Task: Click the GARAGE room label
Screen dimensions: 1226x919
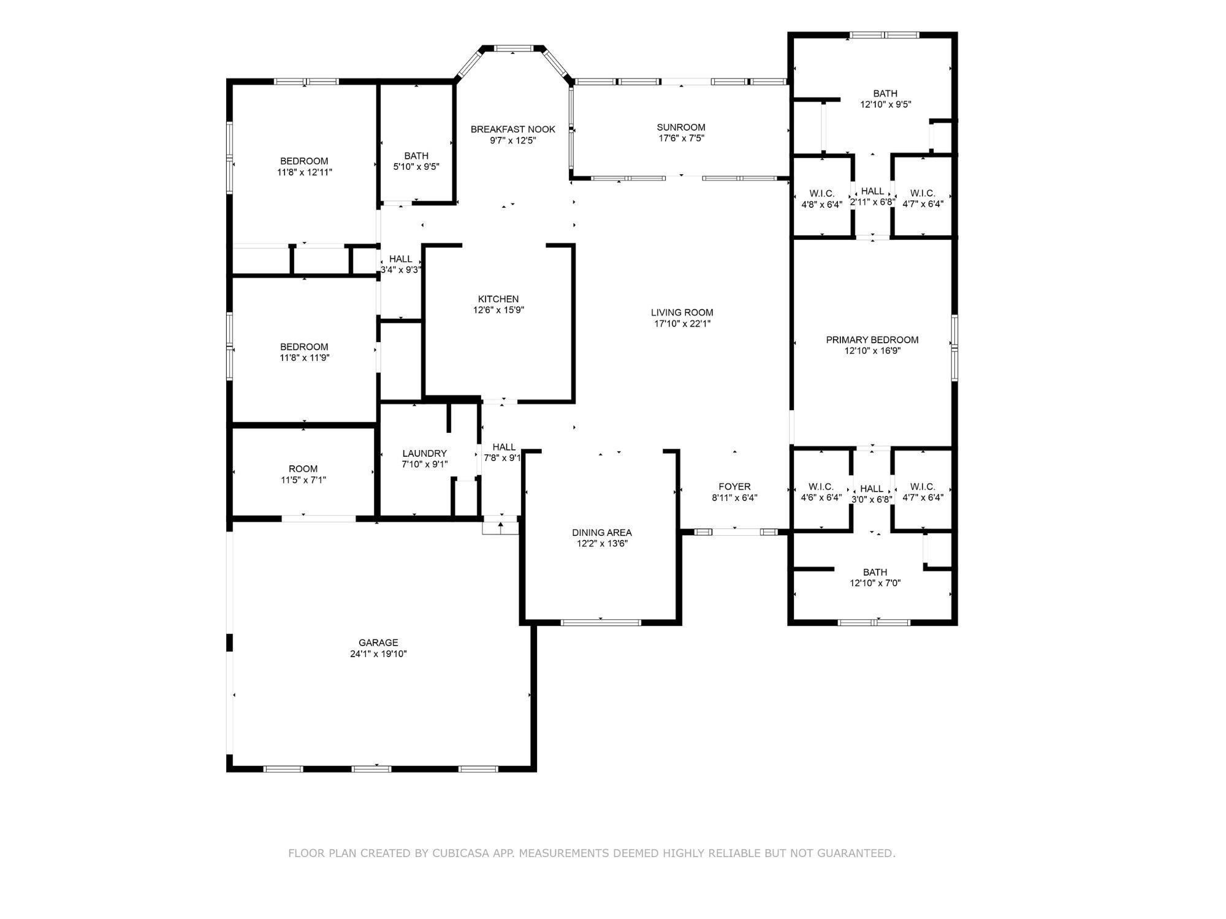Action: (x=378, y=643)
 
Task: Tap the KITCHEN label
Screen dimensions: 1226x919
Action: (x=498, y=299)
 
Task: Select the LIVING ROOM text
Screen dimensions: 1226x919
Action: (x=682, y=313)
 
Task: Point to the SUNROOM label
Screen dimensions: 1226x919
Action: (x=681, y=128)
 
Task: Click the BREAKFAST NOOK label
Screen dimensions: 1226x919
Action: (x=513, y=129)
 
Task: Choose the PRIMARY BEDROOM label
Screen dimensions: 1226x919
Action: (x=872, y=340)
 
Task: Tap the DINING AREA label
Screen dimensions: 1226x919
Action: (x=602, y=533)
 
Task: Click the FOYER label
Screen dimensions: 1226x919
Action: (x=734, y=487)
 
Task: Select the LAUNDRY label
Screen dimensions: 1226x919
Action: (x=425, y=454)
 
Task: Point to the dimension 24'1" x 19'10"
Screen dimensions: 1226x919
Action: (x=378, y=654)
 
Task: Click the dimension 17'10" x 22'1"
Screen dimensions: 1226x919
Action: (x=682, y=324)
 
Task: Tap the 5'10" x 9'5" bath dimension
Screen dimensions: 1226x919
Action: (x=416, y=167)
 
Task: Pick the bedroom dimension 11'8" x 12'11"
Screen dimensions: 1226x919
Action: (x=305, y=173)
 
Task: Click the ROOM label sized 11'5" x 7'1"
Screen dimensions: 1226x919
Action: (x=303, y=469)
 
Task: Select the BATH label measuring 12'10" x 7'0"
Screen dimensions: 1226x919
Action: (x=875, y=573)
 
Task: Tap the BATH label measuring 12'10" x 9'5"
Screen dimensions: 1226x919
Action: (x=885, y=94)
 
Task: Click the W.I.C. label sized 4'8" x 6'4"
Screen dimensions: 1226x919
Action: (x=822, y=194)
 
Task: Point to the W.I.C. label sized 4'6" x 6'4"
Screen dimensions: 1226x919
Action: (x=821, y=487)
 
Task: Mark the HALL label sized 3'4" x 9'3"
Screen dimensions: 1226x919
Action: (x=401, y=259)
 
